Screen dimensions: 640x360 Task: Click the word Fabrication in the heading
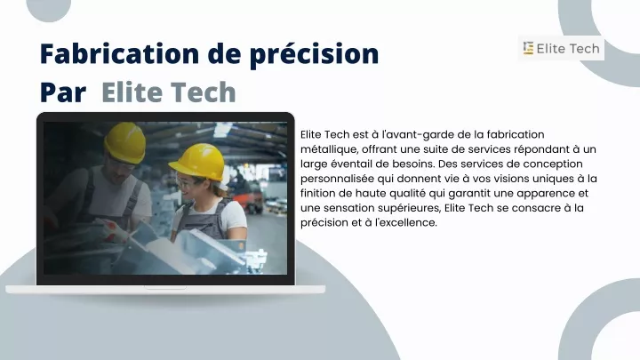click(119, 53)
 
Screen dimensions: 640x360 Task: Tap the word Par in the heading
click(63, 92)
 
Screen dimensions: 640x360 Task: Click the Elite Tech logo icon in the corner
click(528, 48)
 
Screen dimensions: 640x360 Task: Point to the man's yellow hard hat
click(125, 142)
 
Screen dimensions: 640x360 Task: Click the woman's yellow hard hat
click(198, 162)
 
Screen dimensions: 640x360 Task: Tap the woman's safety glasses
click(187, 182)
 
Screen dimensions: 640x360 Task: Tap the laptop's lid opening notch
click(165, 288)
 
